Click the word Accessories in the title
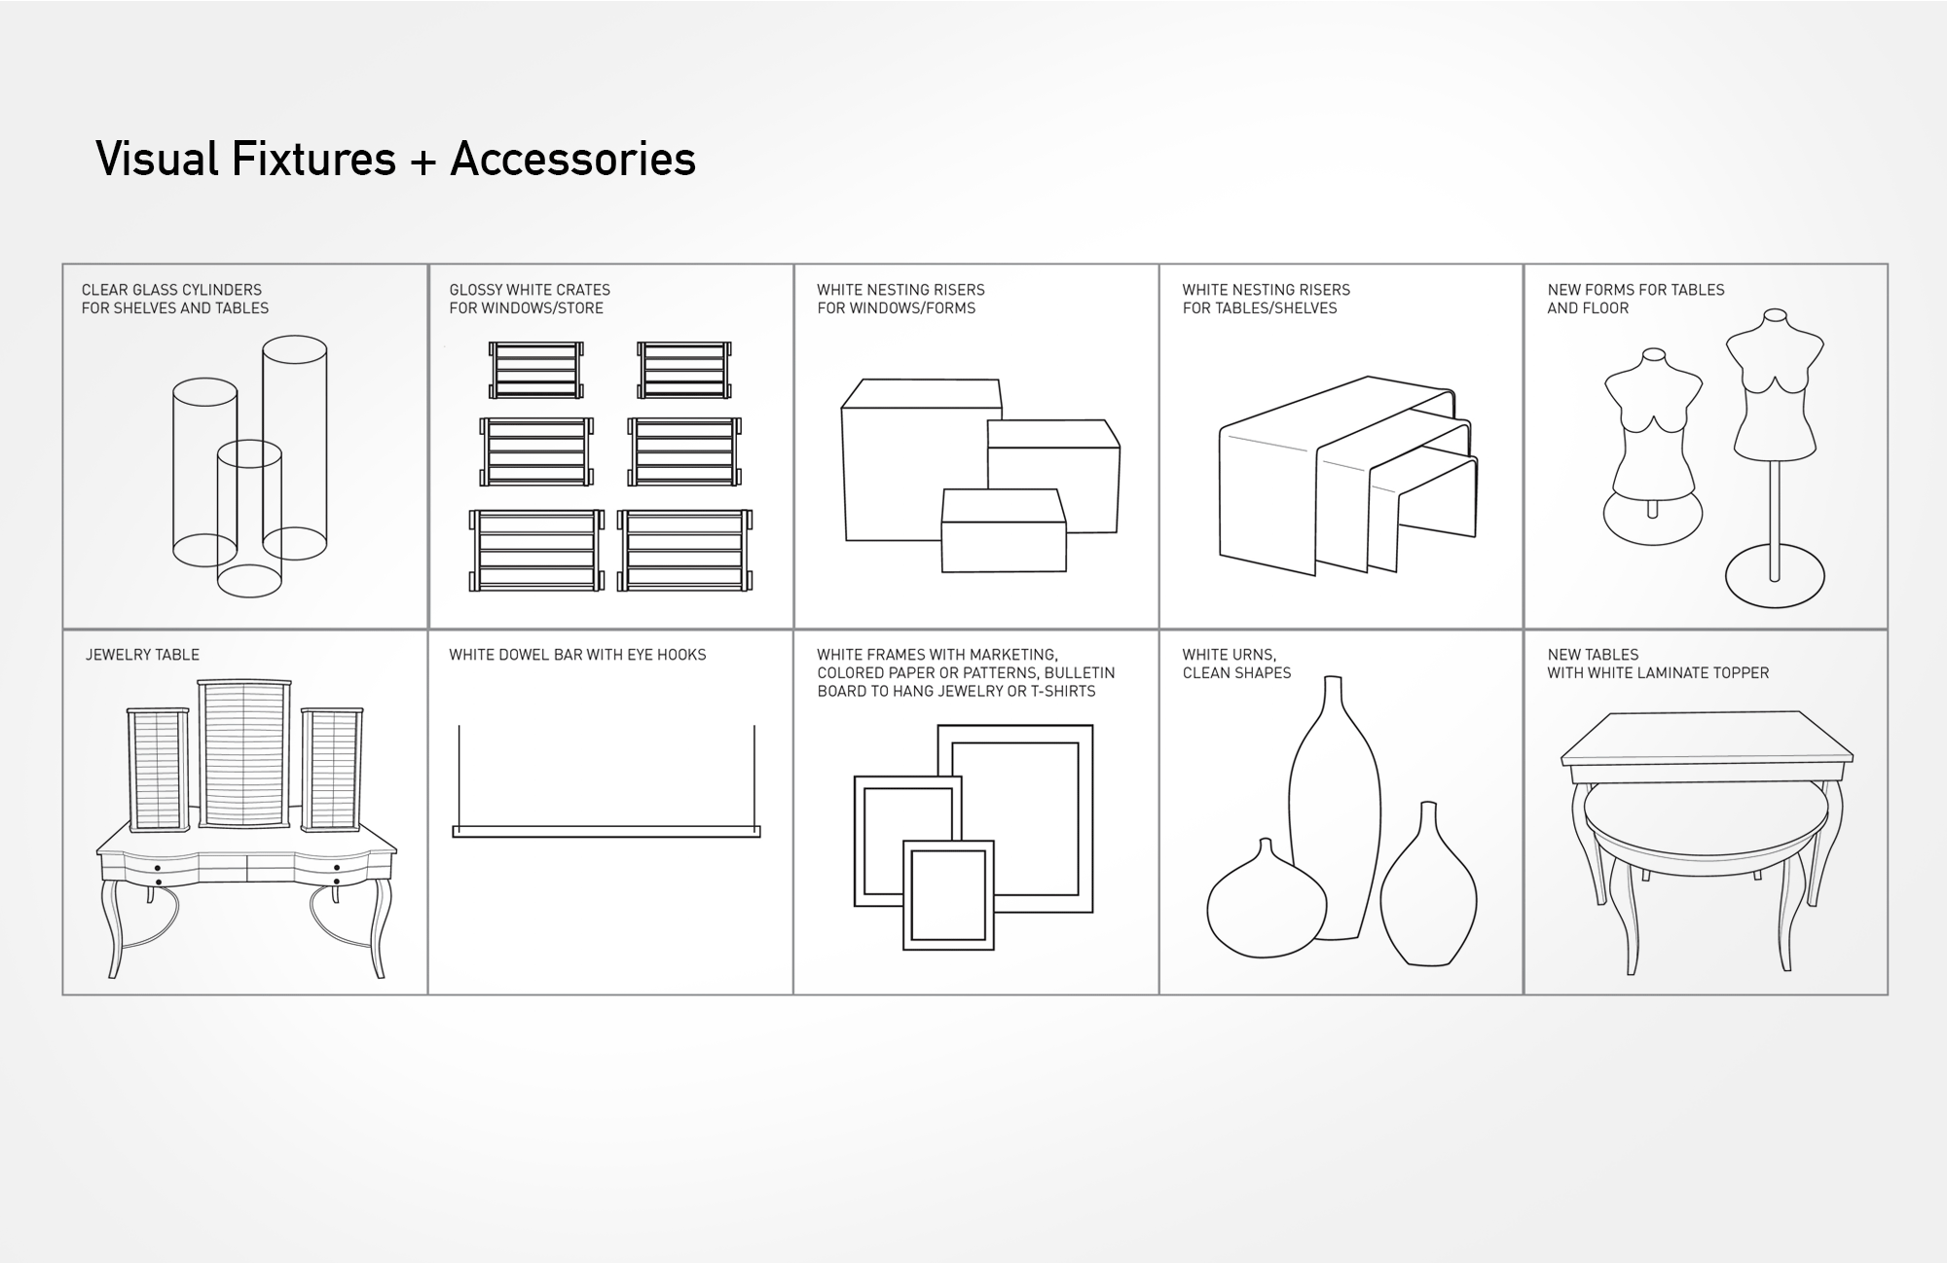tap(572, 160)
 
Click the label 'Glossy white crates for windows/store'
tap(530, 299)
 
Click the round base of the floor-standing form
tap(1774, 580)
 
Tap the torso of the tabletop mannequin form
tap(1652, 418)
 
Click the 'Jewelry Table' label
tap(142, 655)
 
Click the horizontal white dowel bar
tap(606, 832)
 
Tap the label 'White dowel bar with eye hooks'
tap(577, 655)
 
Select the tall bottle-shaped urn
tap(1334, 817)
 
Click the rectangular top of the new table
tap(1706, 740)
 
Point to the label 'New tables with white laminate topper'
tap(1657, 664)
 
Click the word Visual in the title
tap(157, 160)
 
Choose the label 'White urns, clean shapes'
tap(1236, 664)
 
